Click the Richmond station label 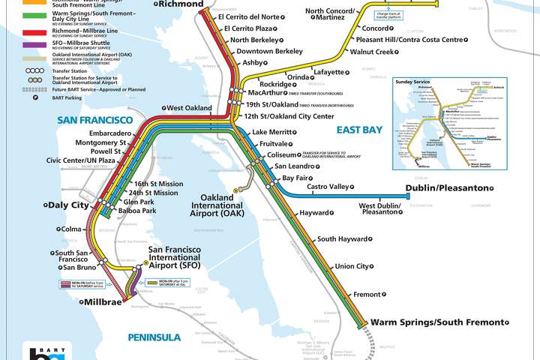[181, 4]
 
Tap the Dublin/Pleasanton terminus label [447, 187]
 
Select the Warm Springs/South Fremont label [437, 322]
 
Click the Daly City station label [69, 204]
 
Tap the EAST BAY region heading [359, 130]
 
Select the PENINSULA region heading [154, 337]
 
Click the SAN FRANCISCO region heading [96, 120]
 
